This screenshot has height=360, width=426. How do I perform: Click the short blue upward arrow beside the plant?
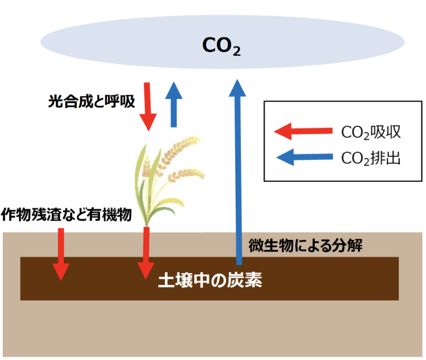pos(174,105)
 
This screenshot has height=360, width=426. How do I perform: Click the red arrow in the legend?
pos(303,131)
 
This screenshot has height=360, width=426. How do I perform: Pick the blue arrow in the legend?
pos(303,157)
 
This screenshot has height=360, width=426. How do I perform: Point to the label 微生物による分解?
pos(305,246)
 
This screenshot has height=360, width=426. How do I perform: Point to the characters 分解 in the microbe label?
pos(348,246)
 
